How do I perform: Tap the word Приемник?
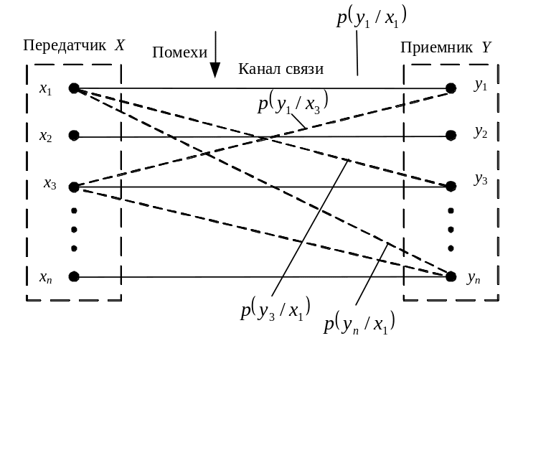click(x=436, y=48)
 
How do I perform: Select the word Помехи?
click(x=179, y=52)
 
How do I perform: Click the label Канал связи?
click(x=281, y=69)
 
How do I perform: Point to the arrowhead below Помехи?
click(x=215, y=70)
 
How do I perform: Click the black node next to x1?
click(x=74, y=88)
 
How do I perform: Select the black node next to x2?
click(x=74, y=136)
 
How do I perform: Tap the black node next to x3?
click(x=74, y=187)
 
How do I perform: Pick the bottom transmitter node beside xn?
click(x=74, y=277)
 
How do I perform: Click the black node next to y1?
click(x=451, y=88)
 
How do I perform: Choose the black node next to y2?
click(x=451, y=135)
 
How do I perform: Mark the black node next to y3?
click(x=451, y=187)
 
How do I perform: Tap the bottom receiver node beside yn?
click(x=451, y=276)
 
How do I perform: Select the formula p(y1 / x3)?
click(x=293, y=104)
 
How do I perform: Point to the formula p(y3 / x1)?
click(x=275, y=310)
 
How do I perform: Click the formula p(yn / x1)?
click(x=359, y=324)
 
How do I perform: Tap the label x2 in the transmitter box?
click(x=45, y=136)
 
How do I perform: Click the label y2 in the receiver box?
click(x=480, y=132)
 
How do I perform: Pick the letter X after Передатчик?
click(x=120, y=45)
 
